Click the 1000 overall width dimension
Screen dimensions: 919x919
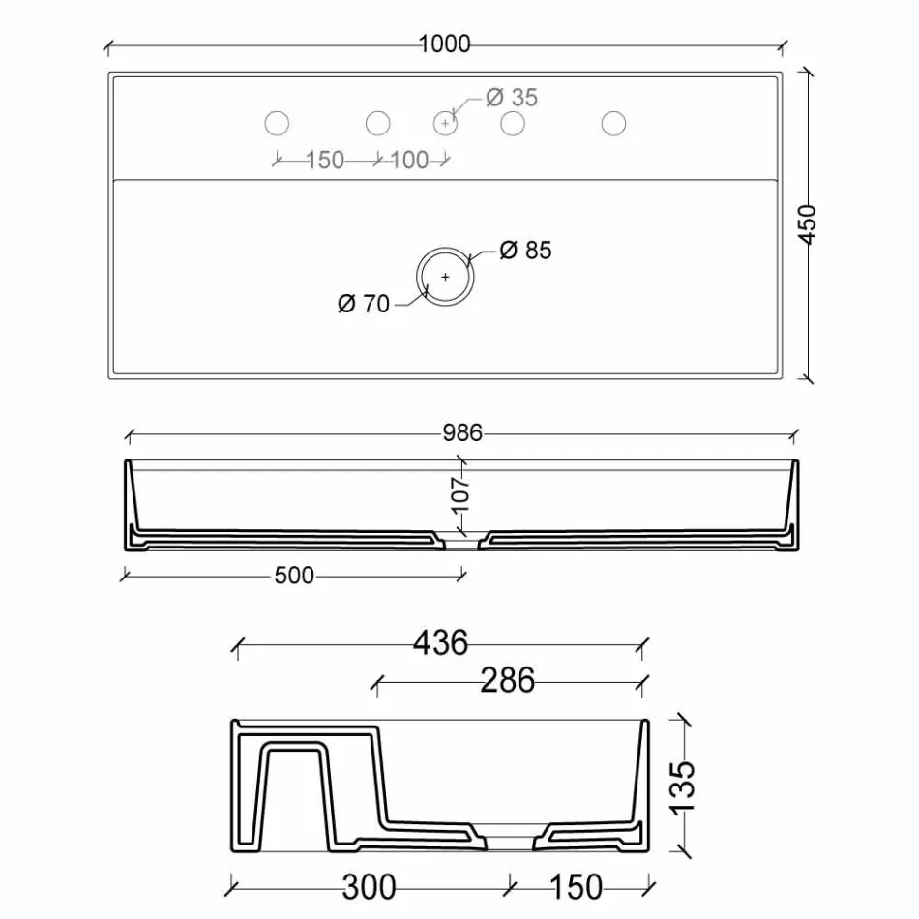point(445,44)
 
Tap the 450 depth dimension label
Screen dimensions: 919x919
point(809,224)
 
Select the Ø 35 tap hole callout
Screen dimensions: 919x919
point(512,98)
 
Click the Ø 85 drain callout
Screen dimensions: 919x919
point(525,250)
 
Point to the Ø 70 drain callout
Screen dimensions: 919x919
point(364,304)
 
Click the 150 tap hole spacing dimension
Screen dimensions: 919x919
point(325,160)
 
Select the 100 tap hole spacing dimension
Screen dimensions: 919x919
point(409,160)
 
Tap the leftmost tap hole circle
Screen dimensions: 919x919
point(278,123)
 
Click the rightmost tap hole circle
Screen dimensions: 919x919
point(613,123)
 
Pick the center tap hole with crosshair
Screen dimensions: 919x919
point(445,123)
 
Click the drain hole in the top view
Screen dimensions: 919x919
point(446,276)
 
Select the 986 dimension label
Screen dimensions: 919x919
point(462,432)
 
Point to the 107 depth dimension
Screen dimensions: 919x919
point(460,493)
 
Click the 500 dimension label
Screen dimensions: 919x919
point(294,576)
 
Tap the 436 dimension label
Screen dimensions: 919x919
point(441,641)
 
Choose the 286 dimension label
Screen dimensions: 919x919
point(508,681)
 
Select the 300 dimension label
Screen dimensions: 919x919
point(369,886)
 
